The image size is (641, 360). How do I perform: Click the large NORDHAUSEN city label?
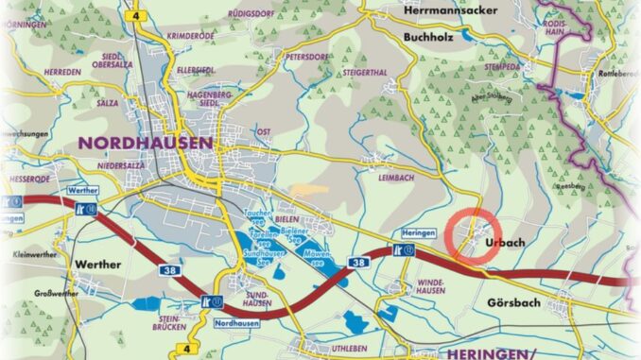pos(146,143)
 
